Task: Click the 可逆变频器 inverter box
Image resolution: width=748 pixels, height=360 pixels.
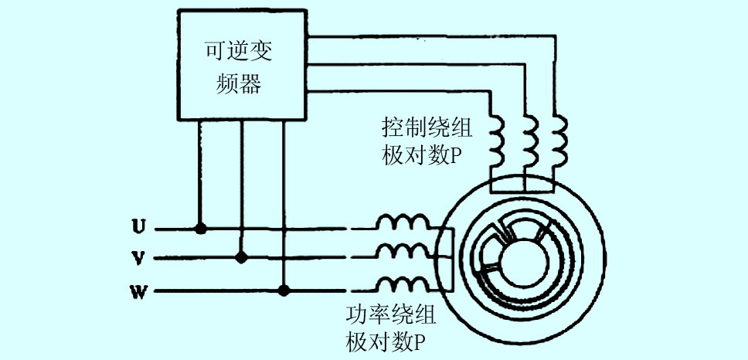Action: tap(243, 66)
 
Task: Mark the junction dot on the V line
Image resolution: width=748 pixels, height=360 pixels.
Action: tap(241, 257)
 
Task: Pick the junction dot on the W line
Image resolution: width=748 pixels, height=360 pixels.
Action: tap(284, 291)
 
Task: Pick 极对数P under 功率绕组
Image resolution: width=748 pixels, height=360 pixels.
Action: tap(387, 341)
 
